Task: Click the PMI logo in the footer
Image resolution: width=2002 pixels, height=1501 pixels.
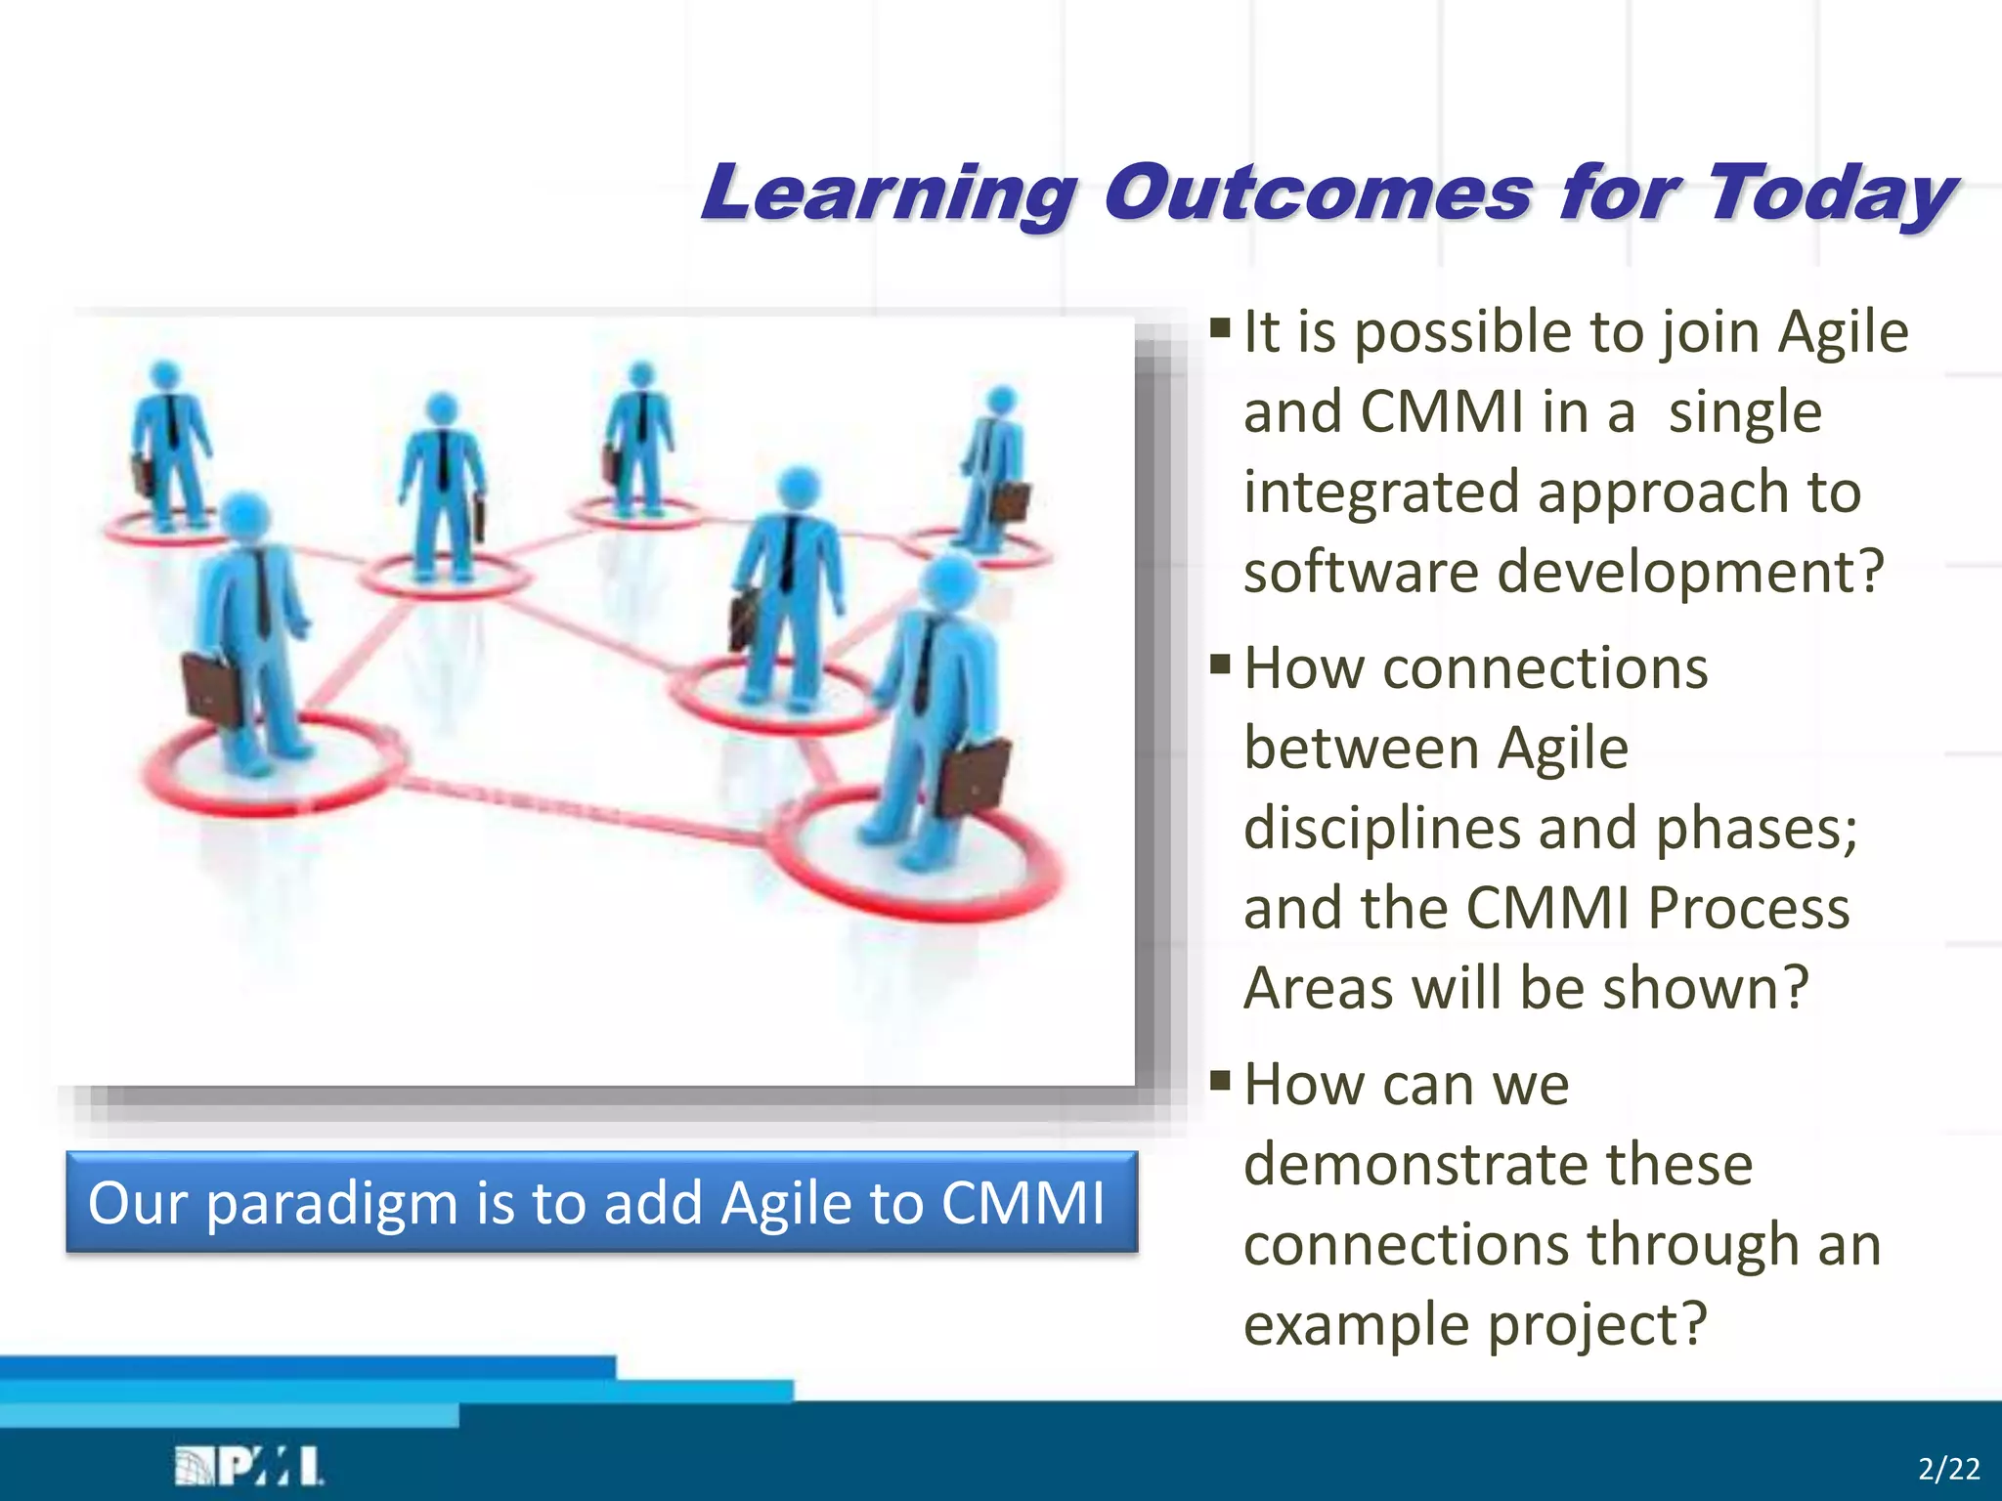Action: [x=248, y=1466]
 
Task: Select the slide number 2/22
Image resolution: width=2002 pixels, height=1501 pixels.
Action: [x=1949, y=1469]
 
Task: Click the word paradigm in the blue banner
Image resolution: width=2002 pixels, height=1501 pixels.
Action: [x=331, y=1205]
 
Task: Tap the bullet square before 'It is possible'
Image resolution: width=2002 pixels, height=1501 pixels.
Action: [x=1220, y=325]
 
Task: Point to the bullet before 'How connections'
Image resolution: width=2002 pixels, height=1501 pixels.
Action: [x=1220, y=664]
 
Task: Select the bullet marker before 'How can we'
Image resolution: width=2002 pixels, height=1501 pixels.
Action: [x=1220, y=1080]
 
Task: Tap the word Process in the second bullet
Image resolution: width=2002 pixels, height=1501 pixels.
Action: [x=1749, y=908]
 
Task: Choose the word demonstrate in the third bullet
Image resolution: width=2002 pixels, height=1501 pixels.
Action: [x=1499, y=1165]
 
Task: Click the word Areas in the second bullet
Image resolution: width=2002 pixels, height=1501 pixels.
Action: [x=1318, y=988]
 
